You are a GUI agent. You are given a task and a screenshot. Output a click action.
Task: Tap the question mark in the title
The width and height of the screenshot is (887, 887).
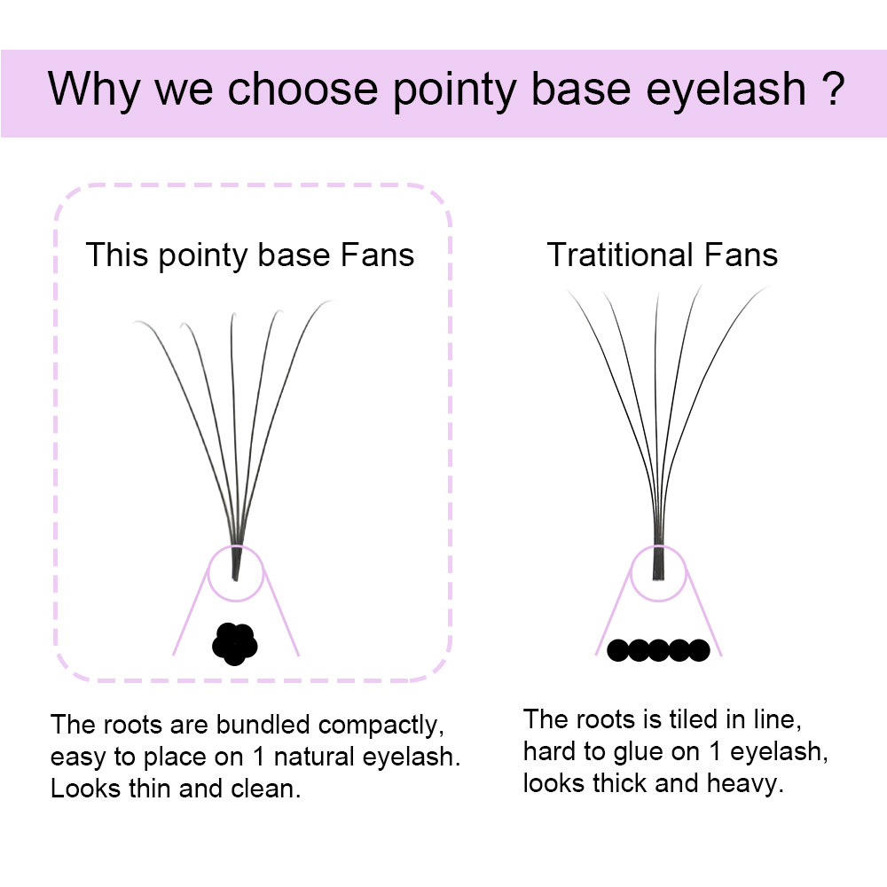827,90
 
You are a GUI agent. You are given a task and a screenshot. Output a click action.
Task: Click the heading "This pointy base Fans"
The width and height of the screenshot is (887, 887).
249,255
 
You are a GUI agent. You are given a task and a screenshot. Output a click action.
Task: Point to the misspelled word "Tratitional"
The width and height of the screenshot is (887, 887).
621,255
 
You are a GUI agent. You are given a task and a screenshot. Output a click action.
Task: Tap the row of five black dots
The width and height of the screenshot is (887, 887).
658,651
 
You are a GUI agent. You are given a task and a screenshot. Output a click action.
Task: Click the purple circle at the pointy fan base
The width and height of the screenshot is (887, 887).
236,574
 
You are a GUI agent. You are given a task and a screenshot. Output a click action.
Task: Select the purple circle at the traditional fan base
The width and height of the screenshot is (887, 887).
658,574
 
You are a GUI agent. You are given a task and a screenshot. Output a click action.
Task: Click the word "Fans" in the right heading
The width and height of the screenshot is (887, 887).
742,255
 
